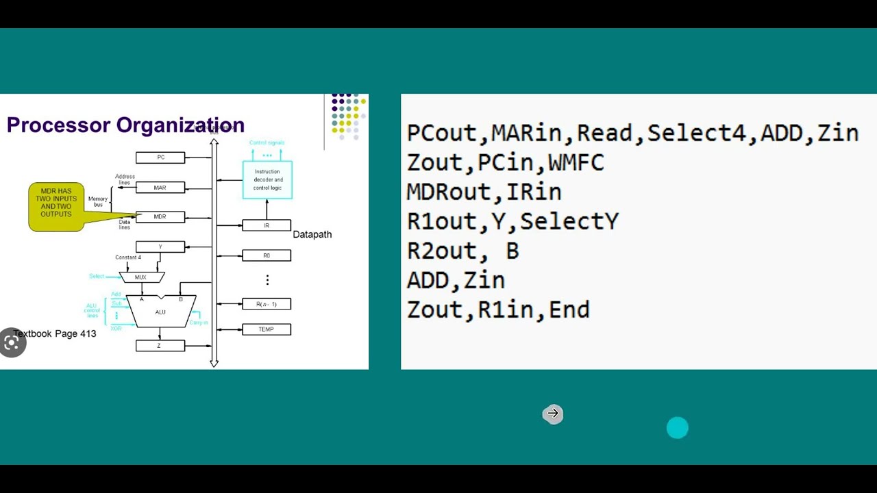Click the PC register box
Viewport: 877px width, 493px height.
click(x=160, y=157)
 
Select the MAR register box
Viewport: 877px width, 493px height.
click(x=160, y=188)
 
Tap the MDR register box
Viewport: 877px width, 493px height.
click(x=160, y=217)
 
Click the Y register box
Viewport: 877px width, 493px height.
click(x=160, y=246)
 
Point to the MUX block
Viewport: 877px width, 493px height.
click(x=142, y=277)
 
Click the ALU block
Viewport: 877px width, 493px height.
click(x=160, y=312)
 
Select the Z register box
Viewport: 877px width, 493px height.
click(x=160, y=346)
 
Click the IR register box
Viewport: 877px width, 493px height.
click(x=267, y=225)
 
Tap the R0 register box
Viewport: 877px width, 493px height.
click(x=267, y=255)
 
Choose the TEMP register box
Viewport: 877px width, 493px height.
click(x=267, y=329)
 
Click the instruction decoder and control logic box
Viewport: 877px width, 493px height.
click(x=267, y=180)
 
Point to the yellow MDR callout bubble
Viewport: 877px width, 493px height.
click(x=57, y=206)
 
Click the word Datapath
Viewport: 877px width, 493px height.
click(x=312, y=234)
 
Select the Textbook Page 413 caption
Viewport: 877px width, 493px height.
click(x=55, y=333)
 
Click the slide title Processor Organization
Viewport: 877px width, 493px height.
click(x=125, y=125)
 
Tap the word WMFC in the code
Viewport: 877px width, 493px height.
click(x=576, y=163)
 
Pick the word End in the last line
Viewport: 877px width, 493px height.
click(x=569, y=310)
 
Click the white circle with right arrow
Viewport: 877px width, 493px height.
click(x=553, y=414)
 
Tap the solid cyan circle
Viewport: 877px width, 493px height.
click(x=677, y=428)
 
